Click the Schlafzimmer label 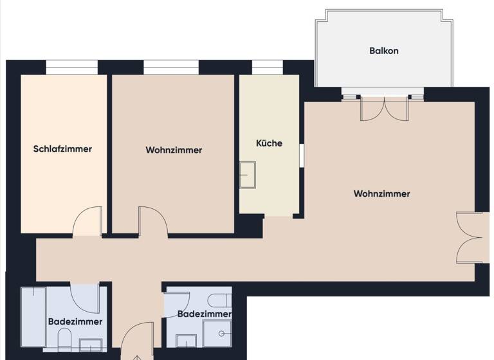(x=62, y=149)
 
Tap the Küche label (x=269, y=143)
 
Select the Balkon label (x=383, y=50)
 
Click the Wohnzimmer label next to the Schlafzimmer (x=174, y=150)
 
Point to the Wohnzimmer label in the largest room (x=381, y=194)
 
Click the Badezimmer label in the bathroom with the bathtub (x=75, y=321)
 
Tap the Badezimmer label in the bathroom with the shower (x=204, y=314)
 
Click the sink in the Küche (x=247, y=175)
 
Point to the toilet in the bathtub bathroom (x=64, y=338)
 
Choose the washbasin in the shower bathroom (x=187, y=340)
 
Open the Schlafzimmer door (x=87, y=222)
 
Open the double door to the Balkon (x=384, y=108)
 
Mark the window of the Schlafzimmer (x=71, y=67)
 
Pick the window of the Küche (x=267, y=67)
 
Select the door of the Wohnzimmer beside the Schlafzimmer (x=154, y=222)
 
